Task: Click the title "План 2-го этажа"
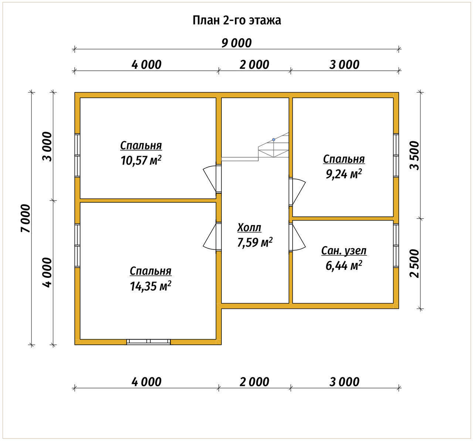point(236,20)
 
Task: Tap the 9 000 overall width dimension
point(236,43)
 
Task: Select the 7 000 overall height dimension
point(26,218)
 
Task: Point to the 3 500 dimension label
point(414,155)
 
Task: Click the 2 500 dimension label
point(414,263)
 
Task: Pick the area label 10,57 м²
point(141,161)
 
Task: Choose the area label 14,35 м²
point(150,286)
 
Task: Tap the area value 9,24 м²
point(344,174)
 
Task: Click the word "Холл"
point(249,228)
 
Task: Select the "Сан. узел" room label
point(344,251)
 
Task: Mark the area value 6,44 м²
point(344,266)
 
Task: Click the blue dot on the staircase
point(274,139)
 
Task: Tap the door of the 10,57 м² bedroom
point(212,178)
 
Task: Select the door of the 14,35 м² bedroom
point(212,237)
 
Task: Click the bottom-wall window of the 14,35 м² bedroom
point(149,342)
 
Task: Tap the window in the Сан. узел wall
point(396,246)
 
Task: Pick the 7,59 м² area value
point(255,243)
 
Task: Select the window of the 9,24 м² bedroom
point(396,155)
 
